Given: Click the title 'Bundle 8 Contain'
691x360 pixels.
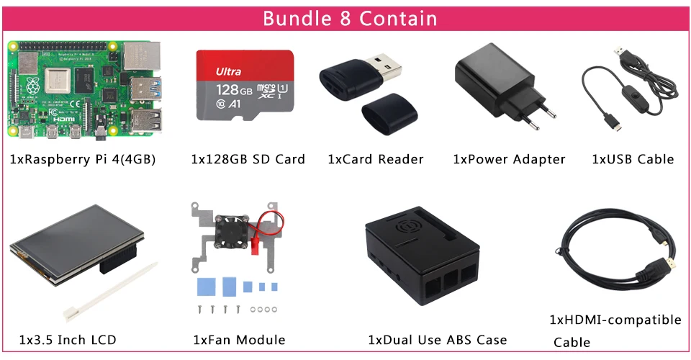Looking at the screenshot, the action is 349,17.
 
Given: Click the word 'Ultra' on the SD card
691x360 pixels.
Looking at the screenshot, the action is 228,71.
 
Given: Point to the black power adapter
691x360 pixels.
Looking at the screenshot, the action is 497,83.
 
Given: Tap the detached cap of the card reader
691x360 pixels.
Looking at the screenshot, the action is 386,114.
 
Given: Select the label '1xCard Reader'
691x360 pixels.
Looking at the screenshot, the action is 375,159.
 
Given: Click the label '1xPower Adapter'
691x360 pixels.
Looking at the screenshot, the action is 509,159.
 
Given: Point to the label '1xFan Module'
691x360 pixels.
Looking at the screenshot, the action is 239,340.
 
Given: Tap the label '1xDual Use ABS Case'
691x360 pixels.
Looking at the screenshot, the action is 438,340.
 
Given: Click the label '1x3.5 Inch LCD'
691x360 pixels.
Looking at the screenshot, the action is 68,340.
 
